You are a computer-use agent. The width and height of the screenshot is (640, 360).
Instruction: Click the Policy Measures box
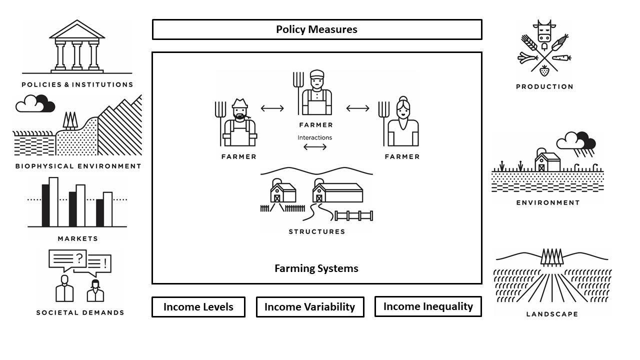[x=316, y=29]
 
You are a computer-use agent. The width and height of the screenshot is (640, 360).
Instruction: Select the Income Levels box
[x=198, y=307]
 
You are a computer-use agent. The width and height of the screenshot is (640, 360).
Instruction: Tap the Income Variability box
[x=309, y=307]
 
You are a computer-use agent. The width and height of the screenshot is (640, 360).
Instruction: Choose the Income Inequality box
[x=428, y=306]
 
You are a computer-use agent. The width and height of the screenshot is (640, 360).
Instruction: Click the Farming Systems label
[x=316, y=268]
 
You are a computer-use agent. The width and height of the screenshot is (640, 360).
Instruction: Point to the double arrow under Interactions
[x=315, y=147]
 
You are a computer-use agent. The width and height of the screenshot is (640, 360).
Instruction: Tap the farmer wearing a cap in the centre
[x=316, y=93]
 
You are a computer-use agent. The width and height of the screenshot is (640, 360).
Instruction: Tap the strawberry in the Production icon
[x=544, y=70]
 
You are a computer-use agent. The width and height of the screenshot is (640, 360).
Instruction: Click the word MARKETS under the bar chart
[x=77, y=239]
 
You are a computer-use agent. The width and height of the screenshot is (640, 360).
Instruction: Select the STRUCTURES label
[x=317, y=232]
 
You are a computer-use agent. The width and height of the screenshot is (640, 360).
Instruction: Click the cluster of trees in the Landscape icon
[x=552, y=256]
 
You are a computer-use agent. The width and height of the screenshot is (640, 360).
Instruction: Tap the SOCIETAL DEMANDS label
[x=80, y=313]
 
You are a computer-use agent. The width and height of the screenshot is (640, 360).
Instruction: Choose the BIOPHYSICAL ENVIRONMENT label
[x=78, y=166]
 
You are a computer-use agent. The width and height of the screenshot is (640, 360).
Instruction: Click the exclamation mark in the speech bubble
[x=105, y=263]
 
